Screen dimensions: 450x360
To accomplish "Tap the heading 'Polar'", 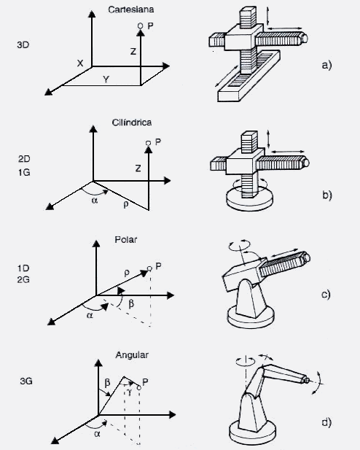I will [x=125, y=239].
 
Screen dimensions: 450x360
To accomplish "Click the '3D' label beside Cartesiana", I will [x=23, y=44].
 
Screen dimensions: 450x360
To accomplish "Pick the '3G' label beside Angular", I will [x=26, y=381].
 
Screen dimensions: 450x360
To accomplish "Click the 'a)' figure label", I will [x=326, y=65].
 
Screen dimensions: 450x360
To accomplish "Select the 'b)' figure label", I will [x=326, y=195].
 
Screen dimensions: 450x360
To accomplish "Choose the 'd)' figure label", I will [x=326, y=422].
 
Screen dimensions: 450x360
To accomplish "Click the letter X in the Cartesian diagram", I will [x=79, y=63].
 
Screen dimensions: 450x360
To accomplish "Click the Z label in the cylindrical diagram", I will [x=137, y=168].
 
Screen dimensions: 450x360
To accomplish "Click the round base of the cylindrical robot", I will [x=246, y=200].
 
